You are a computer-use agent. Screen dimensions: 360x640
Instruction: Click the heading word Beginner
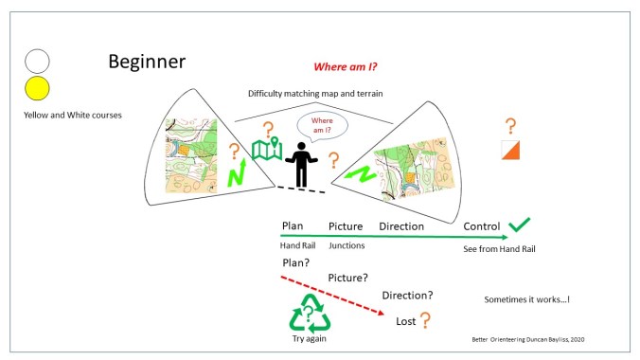tap(147, 63)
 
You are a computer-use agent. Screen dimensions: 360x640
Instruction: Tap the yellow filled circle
tap(37, 89)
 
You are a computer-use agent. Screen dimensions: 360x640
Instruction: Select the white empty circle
tap(37, 62)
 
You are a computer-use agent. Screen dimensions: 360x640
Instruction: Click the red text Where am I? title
tap(347, 67)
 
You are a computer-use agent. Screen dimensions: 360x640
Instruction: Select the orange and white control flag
tap(510, 150)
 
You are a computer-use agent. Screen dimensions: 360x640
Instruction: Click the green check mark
tap(518, 225)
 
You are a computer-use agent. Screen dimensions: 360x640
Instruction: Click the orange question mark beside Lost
tap(427, 321)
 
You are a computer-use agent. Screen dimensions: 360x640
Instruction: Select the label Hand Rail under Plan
tap(297, 245)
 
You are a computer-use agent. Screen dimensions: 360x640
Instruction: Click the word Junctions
tap(346, 245)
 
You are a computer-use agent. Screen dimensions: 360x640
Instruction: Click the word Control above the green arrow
tap(481, 226)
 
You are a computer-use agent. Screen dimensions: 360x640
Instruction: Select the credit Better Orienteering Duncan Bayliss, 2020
tap(530, 338)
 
